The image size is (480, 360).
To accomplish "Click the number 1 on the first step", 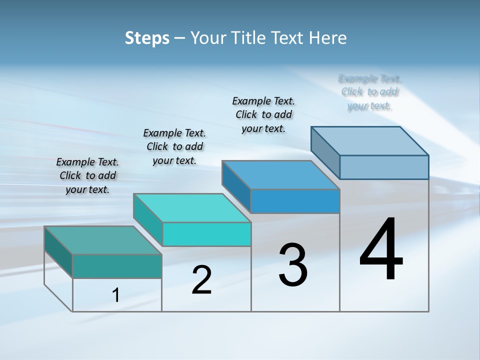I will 116,295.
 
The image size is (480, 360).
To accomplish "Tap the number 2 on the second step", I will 201,279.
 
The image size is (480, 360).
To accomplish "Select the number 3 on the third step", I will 293,265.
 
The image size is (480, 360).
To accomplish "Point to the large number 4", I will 381,249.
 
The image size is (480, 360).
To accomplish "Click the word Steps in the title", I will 147,38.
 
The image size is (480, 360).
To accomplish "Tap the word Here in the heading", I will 328,38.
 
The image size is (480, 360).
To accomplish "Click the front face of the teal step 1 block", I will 117,266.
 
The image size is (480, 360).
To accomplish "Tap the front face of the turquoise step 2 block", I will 206,234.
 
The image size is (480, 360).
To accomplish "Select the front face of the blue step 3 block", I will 295,201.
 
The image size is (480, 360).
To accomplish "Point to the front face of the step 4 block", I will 384,167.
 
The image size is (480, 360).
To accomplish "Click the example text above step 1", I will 87,175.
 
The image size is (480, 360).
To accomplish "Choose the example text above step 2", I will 174,146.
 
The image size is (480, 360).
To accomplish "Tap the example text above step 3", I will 263,114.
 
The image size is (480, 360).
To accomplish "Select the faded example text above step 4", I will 369,92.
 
